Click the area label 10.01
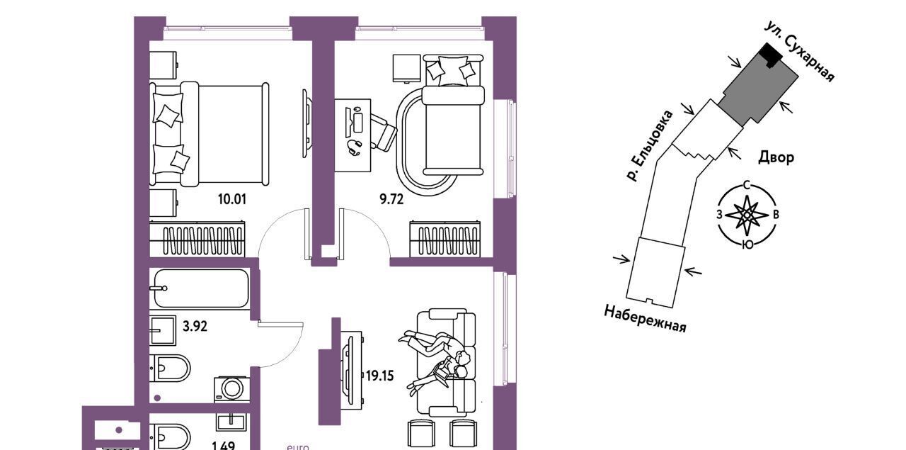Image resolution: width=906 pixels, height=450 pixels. [x=231, y=199]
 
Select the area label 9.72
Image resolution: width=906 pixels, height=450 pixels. [x=391, y=199]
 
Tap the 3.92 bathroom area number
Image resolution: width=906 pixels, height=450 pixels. [x=195, y=326]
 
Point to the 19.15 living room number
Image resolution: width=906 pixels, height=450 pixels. [x=380, y=376]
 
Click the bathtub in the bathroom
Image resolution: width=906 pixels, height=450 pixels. [x=201, y=288]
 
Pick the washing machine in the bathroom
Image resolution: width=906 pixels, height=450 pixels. [x=231, y=389]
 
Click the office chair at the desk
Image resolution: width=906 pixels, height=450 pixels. [x=383, y=132]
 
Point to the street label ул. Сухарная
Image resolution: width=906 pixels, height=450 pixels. [x=799, y=52]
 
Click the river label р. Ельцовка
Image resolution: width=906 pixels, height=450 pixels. [x=649, y=146]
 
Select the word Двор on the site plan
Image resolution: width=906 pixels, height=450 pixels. [x=776, y=157]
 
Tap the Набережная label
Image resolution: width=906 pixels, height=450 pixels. [x=645, y=319]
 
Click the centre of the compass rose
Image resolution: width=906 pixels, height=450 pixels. [x=747, y=215]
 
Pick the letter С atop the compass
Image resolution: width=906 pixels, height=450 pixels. [x=747, y=186]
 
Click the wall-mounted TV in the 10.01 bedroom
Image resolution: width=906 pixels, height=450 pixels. [x=306, y=123]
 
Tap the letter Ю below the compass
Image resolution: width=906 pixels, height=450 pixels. [x=748, y=244]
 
